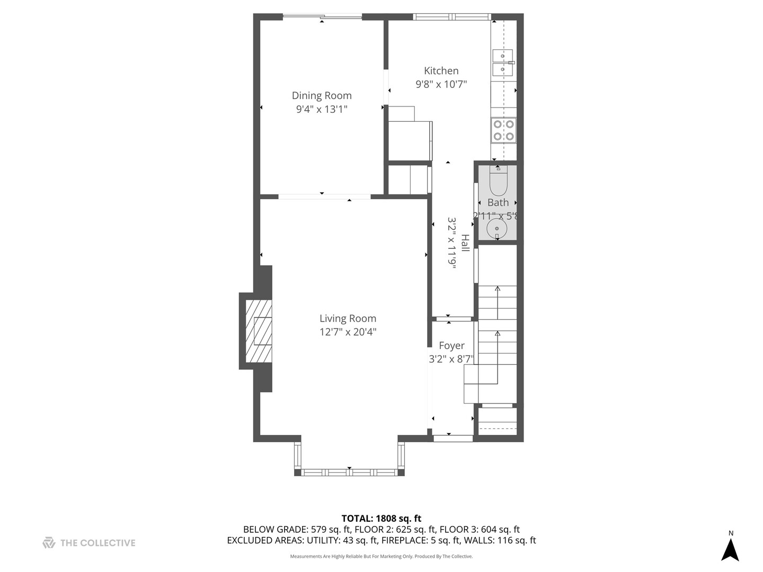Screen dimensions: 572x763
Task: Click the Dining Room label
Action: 322,95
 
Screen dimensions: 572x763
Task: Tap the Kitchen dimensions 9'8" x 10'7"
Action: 441,84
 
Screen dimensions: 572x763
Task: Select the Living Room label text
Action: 348,318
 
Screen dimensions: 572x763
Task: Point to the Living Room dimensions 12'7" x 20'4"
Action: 348,332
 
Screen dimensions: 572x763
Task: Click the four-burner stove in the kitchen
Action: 503,130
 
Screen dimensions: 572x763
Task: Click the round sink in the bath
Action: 497,229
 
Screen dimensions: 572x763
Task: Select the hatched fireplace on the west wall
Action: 259,331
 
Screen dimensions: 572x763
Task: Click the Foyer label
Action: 451,345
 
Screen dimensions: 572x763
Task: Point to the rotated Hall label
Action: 465,243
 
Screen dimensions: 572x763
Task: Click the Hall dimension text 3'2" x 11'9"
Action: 452,243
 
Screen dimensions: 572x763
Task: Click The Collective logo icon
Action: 49,543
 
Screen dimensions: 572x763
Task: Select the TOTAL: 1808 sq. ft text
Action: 381,519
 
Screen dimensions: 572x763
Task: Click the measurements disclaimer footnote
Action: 381,557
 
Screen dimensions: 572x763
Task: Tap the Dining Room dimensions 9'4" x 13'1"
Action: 322,109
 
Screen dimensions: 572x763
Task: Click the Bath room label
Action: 498,202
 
